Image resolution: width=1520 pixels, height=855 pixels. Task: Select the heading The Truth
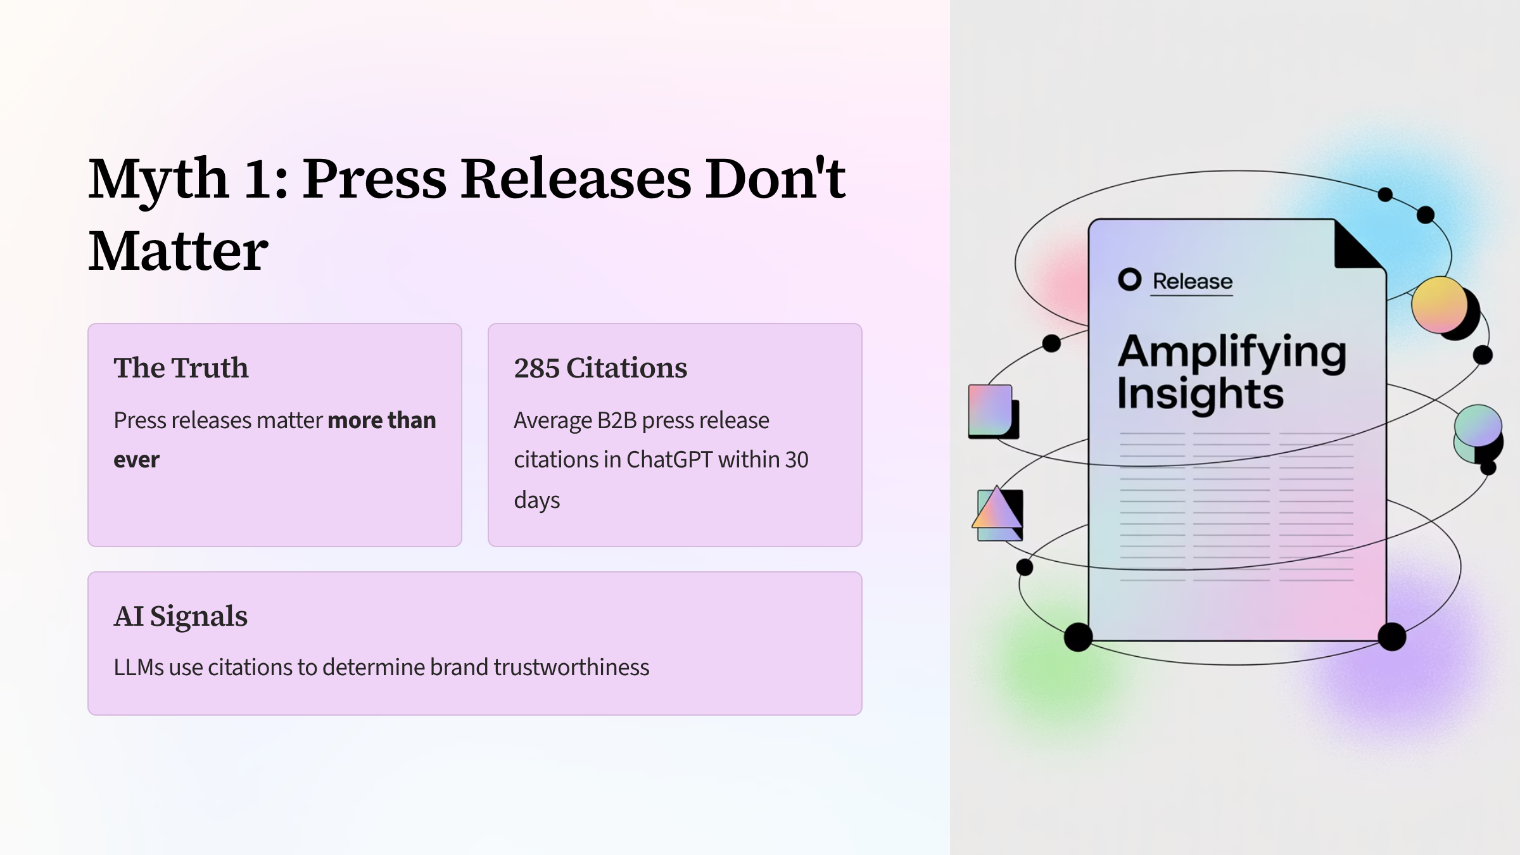point(181,368)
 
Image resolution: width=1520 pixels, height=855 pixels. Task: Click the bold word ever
point(137,460)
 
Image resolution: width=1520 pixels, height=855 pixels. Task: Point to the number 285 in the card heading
point(536,369)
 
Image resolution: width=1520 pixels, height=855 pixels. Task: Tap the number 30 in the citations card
point(797,460)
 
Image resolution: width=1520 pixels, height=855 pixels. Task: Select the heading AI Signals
point(180,616)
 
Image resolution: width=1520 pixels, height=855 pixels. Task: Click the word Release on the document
point(1193,281)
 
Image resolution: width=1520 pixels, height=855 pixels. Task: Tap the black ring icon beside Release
point(1130,279)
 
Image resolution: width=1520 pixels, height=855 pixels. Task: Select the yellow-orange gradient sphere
point(1440,305)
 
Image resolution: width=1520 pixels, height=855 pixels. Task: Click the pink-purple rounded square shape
point(991,410)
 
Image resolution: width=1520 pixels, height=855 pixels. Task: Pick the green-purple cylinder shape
point(1478,434)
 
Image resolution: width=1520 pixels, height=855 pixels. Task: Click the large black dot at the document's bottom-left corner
point(1078,636)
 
